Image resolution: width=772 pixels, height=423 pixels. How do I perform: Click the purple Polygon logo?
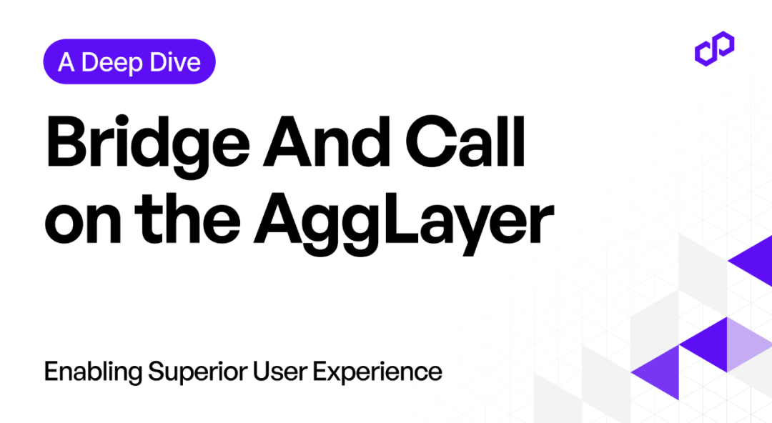pos(714,49)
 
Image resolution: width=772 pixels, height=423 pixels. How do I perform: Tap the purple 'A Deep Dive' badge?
pos(129,61)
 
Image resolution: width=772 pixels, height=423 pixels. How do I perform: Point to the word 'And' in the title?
pos(327,141)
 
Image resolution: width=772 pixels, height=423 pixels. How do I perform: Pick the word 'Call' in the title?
pos(465,141)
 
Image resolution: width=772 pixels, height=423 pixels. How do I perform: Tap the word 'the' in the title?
pos(187,217)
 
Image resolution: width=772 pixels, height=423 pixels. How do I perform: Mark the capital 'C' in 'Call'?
pos(428,141)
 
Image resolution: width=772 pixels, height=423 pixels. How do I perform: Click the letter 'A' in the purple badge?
pos(66,63)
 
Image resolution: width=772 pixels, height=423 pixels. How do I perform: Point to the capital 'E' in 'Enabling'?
pos(51,372)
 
